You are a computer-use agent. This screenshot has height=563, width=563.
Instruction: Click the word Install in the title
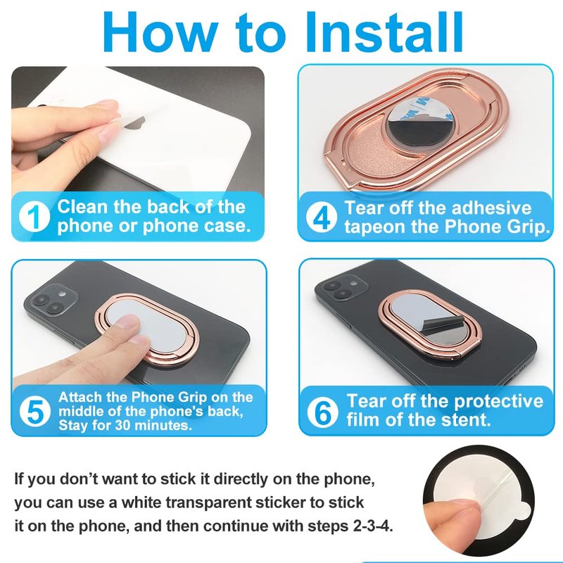[384, 32]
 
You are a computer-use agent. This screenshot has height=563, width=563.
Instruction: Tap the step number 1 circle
[34, 216]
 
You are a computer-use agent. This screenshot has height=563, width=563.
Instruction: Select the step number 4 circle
[322, 217]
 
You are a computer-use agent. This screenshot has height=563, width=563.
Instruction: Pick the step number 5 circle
[34, 412]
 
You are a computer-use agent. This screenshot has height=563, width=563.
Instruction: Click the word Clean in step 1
[82, 207]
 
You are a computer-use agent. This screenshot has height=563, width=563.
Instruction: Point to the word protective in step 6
[498, 401]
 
